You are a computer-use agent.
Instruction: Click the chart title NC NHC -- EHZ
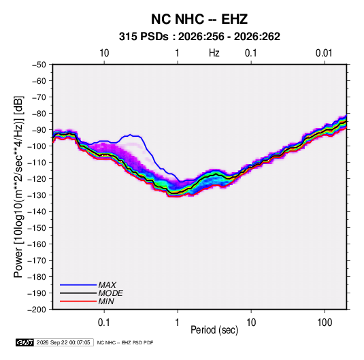point(199,19)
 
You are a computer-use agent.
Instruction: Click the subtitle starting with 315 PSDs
point(199,37)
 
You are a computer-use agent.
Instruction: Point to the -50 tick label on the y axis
point(39,65)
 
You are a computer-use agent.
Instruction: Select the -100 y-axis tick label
point(37,146)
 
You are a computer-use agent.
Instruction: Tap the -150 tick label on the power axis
point(37,228)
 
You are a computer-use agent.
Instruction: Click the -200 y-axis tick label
point(37,310)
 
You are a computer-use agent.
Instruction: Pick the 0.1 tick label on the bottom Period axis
point(104,323)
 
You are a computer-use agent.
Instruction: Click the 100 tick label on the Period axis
point(325,323)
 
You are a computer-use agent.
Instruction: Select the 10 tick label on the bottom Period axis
point(251,323)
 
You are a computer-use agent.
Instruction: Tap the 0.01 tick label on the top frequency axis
point(324,53)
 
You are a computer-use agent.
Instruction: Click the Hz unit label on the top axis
point(214,53)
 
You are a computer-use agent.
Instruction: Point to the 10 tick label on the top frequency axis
point(104,53)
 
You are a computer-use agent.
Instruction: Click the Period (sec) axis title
point(214,330)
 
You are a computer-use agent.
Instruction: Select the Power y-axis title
point(18,187)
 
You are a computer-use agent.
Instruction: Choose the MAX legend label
point(107,285)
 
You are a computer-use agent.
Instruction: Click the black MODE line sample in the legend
point(78,293)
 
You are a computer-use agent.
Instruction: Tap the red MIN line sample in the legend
point(78,301)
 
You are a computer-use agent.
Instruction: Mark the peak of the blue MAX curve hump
point(131,135)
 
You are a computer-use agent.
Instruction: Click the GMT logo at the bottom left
point(25,342)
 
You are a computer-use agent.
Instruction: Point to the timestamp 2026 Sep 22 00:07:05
point(63,342)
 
